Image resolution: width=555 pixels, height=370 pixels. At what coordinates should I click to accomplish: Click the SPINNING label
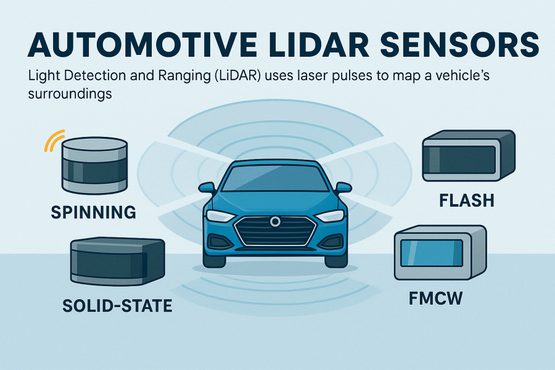click(93, 213)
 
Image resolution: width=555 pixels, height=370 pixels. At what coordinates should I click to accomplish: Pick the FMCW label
click(435, 299)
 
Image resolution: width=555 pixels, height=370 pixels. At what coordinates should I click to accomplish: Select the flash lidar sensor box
click(467, 155)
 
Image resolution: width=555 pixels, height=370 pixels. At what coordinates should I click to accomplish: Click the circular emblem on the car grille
click(274, 221)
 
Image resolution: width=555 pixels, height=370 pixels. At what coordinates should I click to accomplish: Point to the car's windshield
click(275, 179)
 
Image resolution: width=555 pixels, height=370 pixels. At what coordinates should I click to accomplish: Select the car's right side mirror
click(343, 187)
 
